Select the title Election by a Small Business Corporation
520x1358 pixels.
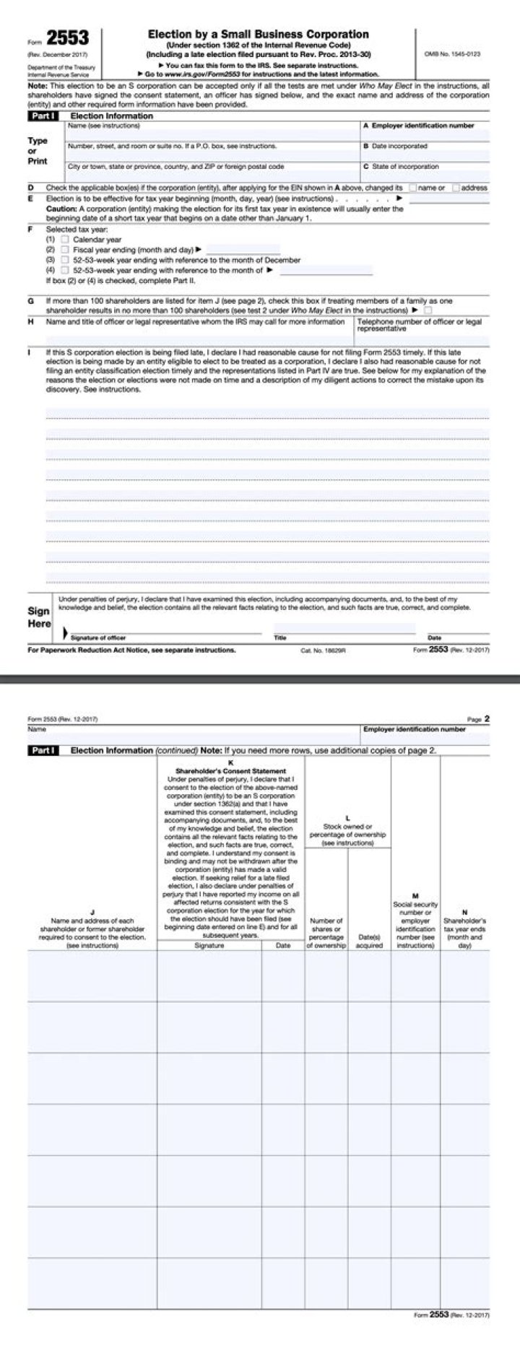click(258, 34)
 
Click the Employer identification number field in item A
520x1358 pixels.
click(425, 134)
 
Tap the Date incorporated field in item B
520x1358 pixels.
click(425, 155)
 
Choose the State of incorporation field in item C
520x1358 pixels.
click(425, 175)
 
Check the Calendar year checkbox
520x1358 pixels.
click(65, 240)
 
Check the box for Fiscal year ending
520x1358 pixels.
click(65, 250)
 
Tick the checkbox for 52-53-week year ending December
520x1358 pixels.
click(65, 260)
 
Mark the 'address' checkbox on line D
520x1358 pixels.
click(456, 188)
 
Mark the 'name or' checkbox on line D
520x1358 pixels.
click(412, 188)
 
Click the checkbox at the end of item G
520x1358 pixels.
click(428, 310)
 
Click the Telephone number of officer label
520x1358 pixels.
click(419, 324)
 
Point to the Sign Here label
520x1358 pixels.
click(39, 617)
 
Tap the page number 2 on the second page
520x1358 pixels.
click(487, 718)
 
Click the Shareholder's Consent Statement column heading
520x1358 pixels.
click(230, 771)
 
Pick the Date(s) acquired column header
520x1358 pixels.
click(369, 941)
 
